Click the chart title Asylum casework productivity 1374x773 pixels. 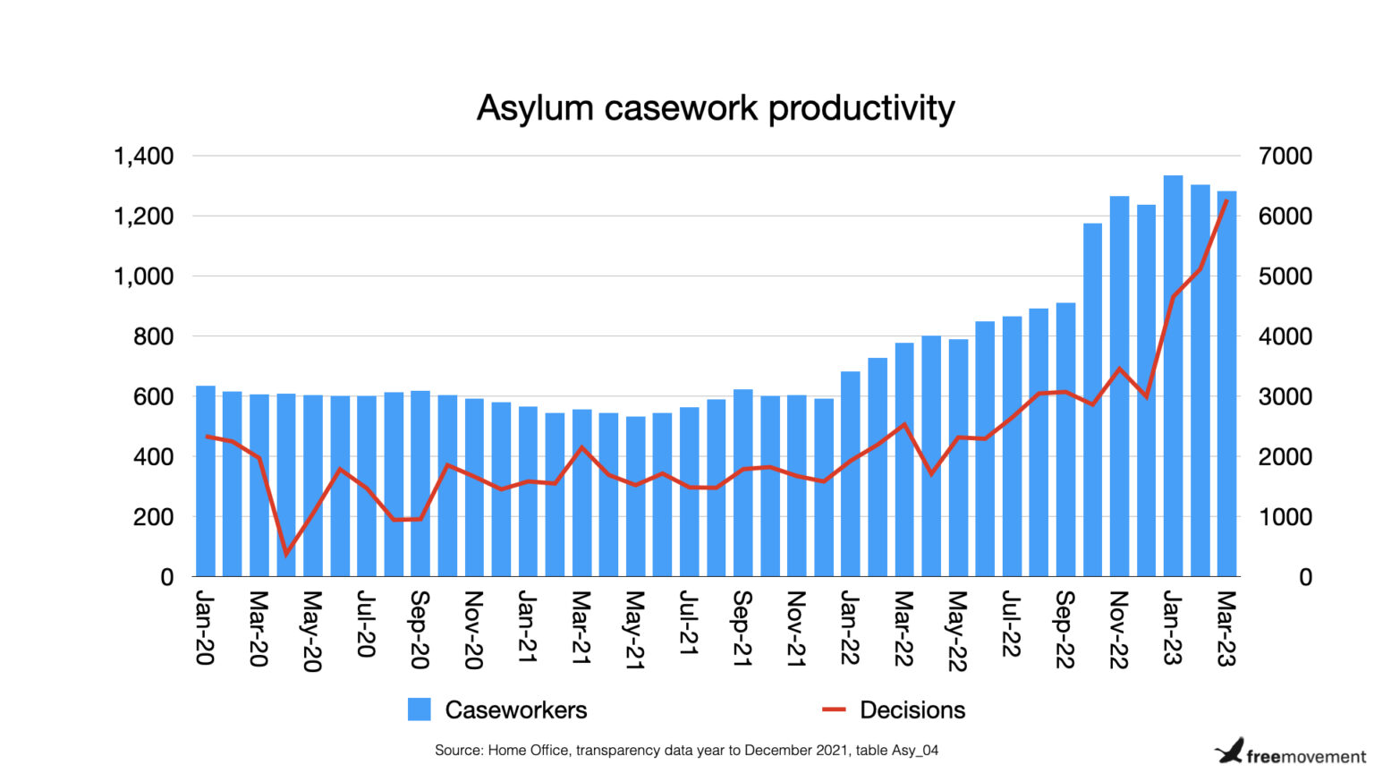716,108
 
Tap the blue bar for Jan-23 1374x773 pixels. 1173,376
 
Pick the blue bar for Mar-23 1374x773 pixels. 1226,385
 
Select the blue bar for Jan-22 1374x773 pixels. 851,474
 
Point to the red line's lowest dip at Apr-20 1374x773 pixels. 286,555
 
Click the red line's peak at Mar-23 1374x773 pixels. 1226,200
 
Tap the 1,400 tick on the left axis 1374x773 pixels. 143,157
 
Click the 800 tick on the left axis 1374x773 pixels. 153,337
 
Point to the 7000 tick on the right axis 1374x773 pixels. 1285,157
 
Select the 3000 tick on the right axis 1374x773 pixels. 1285,397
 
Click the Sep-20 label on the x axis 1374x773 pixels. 420,630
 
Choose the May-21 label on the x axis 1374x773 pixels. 634,631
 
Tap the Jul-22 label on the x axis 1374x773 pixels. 1011,624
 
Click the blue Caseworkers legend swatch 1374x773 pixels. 420,709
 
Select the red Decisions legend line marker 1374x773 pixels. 834,709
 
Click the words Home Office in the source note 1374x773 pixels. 527,751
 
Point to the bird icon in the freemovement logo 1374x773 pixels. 1230,751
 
